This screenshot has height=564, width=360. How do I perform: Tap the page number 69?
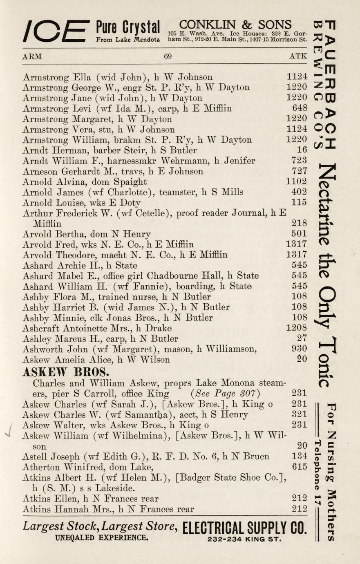[168, 56]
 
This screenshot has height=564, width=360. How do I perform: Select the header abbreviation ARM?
[32, 56]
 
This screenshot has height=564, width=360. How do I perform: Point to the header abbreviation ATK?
[298, 56]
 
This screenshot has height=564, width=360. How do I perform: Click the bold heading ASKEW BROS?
[65, 372]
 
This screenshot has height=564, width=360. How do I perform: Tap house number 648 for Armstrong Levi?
[300, 108]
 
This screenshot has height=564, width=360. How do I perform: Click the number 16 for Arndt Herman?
[302, 150]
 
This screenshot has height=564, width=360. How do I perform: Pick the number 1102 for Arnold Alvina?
[296, 181]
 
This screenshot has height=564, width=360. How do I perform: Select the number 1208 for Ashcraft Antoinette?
[296, 328]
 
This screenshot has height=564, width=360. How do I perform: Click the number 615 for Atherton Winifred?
[299, 467]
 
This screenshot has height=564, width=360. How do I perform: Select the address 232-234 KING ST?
[244, 539]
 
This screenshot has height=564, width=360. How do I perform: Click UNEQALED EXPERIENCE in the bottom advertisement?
[102, 538]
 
